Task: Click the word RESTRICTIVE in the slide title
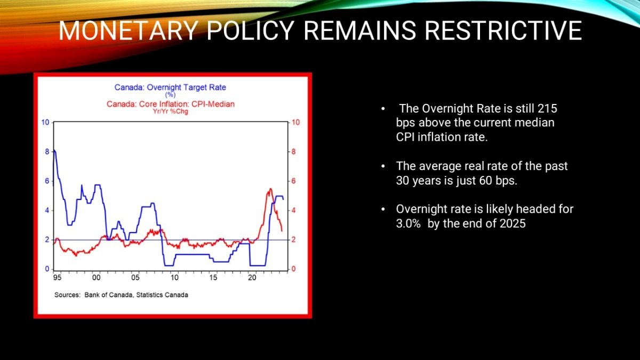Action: tap(503, 30)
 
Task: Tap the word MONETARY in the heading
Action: tap(129, 30)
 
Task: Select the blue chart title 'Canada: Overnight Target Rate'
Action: tap(170, 87)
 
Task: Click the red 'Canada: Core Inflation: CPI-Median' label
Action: tap(171, 103)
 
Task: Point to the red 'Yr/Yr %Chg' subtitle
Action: tap(171, 111)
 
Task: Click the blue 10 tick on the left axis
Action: tap(45, 122)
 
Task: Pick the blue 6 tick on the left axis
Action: tap(47, 181)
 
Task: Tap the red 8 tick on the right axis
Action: tap(293, 151)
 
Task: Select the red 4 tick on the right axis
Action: tap(293, 211)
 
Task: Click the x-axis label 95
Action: tap(58, 278)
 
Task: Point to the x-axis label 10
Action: tap(174, 278)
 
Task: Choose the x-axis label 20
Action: tap(252, 278)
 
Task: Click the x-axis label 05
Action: tap(135, 278)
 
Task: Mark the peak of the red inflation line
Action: tap(270, 189)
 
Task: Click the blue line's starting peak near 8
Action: tap(54, 150)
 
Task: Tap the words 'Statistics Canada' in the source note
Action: tap(162, 295)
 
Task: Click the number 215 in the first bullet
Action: tap(547, 109)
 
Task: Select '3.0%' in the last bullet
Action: tap(409, 223)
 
